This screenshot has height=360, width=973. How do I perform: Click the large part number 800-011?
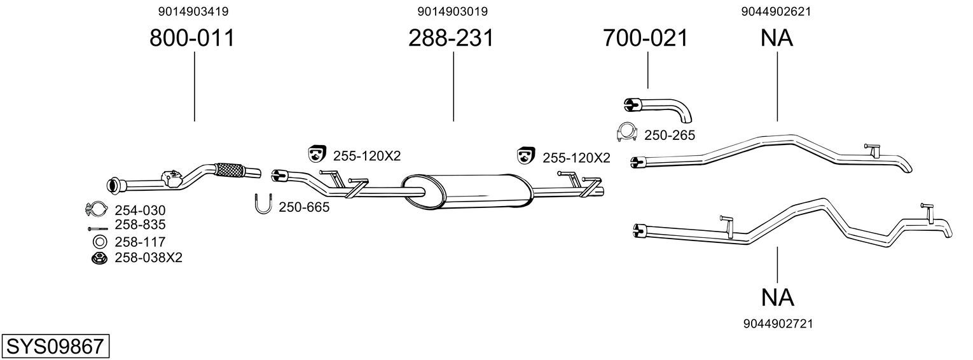pyautogui.click(x=192, y=38)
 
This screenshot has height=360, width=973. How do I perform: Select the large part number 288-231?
pyautogui.click(x=451, y=38)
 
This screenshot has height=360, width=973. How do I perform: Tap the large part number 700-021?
pyautogui.click(x=645, y=38)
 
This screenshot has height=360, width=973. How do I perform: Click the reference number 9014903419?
pyautogui.click(x=193, y=11)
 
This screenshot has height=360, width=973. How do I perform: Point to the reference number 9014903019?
pyautogui.click(x=453, y=11)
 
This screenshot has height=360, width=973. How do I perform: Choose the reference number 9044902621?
pyautogui.click(x=776, y=11)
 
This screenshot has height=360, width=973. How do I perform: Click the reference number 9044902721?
pyautogui.click(x=778, y=324)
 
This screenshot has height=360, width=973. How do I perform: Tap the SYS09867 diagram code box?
pyautogui.click(x=55, y=347)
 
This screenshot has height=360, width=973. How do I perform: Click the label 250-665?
pyautogui.click(x=304, y=207)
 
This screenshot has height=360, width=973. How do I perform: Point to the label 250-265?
pyautogui.click(x=670, y=135)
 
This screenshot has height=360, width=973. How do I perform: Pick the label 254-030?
pyautogui.click(x=140, y=210)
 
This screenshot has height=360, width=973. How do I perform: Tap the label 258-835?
pyautogui.click(x=140, y=225)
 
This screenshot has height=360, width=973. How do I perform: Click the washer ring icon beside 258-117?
pyautogui.click(x=99, y=242)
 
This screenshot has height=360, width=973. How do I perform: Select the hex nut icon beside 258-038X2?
pyautogui.click(x=99, y=258)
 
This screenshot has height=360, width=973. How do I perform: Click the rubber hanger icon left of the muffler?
pyautogui.click(x=317, y=153)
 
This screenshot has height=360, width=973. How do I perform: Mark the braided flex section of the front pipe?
pyautogui.click(x=230, y=170)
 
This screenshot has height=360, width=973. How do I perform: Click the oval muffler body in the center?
pyautogui.click(x=467, y=191)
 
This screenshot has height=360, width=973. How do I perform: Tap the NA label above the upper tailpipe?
pyautogui.click(x=776, y=38)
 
